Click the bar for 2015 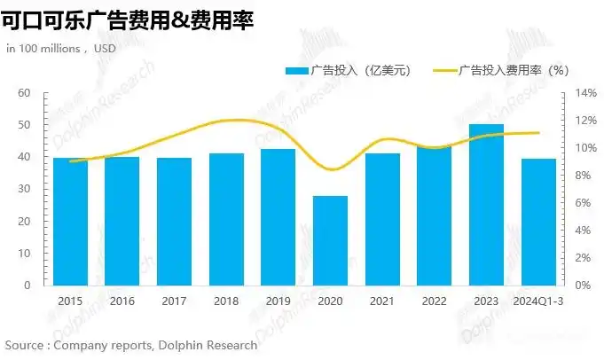pos(70,222)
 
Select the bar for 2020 pos(330,240)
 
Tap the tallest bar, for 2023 pos(486,205)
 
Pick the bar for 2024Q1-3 pos(538,222)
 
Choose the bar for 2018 pos(226,219)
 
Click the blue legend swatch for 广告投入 pos(296,70)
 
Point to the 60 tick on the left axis pos(24,93)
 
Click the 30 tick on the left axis pos(24,189)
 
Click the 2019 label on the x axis pos(278,302)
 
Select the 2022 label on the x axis pos(435,302)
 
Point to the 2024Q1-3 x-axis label pos(538,302)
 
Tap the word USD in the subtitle pos(104,48)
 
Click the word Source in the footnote pos(26,345)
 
